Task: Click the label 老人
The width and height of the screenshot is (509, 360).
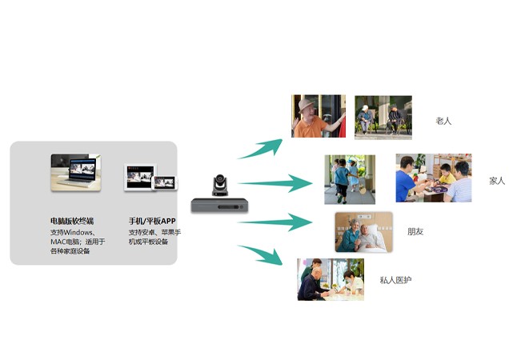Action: click(443, 121)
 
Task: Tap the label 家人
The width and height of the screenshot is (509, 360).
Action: click(497, 180)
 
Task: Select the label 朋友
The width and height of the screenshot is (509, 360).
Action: click(415, 232)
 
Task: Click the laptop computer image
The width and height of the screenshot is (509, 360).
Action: click(76, 172)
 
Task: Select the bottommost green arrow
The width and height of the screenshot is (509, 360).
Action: click(261, 255)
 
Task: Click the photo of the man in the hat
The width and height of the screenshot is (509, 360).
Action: click(319, 117)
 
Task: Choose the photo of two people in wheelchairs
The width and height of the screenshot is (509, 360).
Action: click(383, 118)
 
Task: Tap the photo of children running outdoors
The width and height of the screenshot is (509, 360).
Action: click(349, 179)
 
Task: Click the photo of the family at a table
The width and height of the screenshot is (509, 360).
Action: click(433, 178)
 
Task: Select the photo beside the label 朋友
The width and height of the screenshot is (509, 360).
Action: click(363, 233)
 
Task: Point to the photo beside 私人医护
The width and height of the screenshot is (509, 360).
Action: click(330, 278)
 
